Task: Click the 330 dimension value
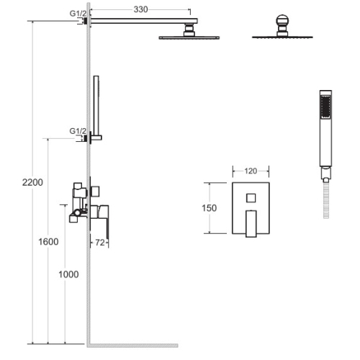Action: [x=140, y=9]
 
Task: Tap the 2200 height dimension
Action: [x=32, y=182]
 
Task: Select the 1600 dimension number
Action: [x=48, y=242]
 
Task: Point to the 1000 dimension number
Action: [x=68, y=274]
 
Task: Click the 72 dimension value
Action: [x=100, y=243]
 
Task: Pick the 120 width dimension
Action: [x=251, y=171]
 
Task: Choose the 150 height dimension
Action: [x=210, y=208]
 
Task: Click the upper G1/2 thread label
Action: [x=78, y=14]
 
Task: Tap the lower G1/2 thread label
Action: [x=78, y=131]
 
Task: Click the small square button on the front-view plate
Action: [x=251, y=198]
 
